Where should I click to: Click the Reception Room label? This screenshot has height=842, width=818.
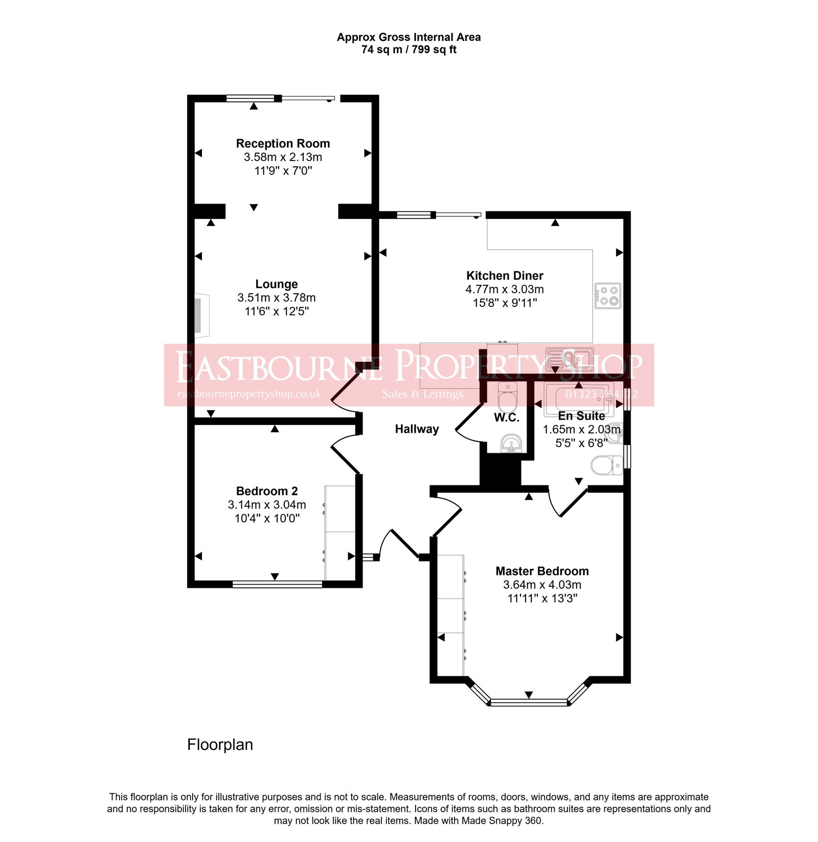(x=283, y=144)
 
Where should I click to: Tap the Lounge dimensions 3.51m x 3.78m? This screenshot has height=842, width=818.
(x=276, y=298)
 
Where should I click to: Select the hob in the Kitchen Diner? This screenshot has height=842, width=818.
(x=608, y=296)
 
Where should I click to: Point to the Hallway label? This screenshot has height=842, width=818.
(x=417, y=429)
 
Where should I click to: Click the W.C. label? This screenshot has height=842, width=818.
(x=506, y=418)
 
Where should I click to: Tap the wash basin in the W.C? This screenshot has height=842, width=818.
(x=511, y=443)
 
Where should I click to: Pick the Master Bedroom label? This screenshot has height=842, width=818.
(x=542, y=571)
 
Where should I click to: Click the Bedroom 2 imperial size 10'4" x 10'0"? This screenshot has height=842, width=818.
(x=267, y=518)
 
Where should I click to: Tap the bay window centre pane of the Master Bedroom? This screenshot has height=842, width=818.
(x=529, y=702)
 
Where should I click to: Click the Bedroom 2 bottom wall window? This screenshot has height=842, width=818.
(x=277, y=584)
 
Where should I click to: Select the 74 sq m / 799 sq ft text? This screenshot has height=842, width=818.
(x=408, y=50)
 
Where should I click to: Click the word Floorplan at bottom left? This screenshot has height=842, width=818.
(x=220, y=745)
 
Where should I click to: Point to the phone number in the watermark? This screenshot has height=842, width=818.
(x=601, y=394)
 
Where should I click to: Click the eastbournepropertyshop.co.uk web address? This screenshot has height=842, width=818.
(x=249, y=394)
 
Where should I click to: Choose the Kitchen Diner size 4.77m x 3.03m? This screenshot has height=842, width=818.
(x=504, y=290)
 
